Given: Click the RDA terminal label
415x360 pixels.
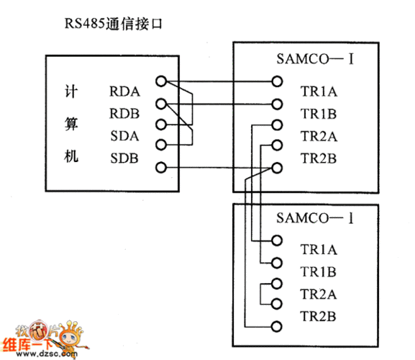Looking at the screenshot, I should tap(124, 91).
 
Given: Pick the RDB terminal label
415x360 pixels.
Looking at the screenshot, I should tap(124, 113).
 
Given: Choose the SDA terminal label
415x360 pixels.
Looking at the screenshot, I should tap(124, 135).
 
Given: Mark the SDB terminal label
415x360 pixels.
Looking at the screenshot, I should tap(124, 158).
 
